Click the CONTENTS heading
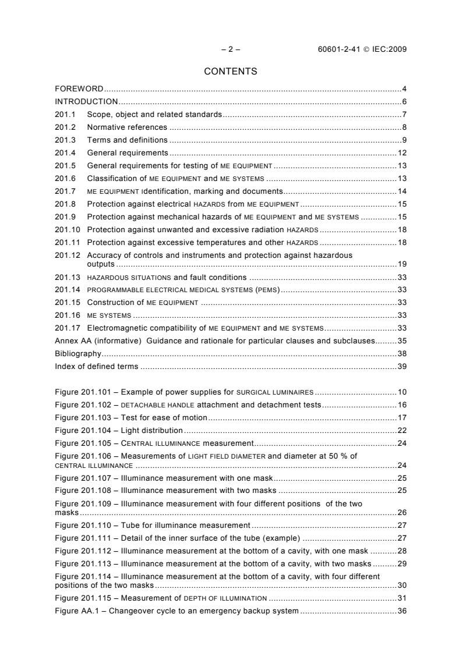[x=231, y=72]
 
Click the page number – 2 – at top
[x=231, y=49]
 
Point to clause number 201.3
[x=65, y=140]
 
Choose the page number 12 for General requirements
[x=402, y=153]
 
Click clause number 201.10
[x=68, y=229]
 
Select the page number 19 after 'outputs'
[x=402, y=264]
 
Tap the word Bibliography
[x=78, y=353]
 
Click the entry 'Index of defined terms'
[x=97, y=366]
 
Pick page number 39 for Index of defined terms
[x=402, y=366]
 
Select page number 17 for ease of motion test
[x=402, y=418]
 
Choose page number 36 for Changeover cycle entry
[x=402, y=611]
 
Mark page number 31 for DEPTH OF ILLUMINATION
[x=402, y=598]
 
